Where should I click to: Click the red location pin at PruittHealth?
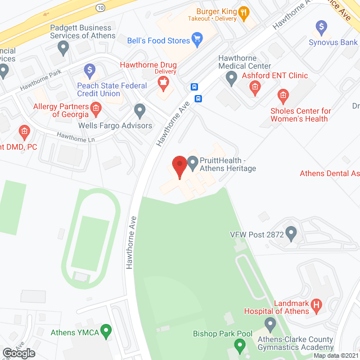[179, 166]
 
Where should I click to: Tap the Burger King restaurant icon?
[244, 12]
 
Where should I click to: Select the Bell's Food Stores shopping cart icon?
[197, 38]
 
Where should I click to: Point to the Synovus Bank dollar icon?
[321, 26]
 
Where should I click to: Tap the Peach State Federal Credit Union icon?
[89, 70]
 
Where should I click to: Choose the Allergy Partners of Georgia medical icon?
[96, 107]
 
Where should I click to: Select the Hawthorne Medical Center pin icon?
[231, 79]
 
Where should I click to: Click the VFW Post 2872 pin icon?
[291, 232]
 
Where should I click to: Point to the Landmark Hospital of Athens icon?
[316, 305]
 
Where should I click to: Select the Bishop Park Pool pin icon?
[270, 323]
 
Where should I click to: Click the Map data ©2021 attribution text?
[336, 355]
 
